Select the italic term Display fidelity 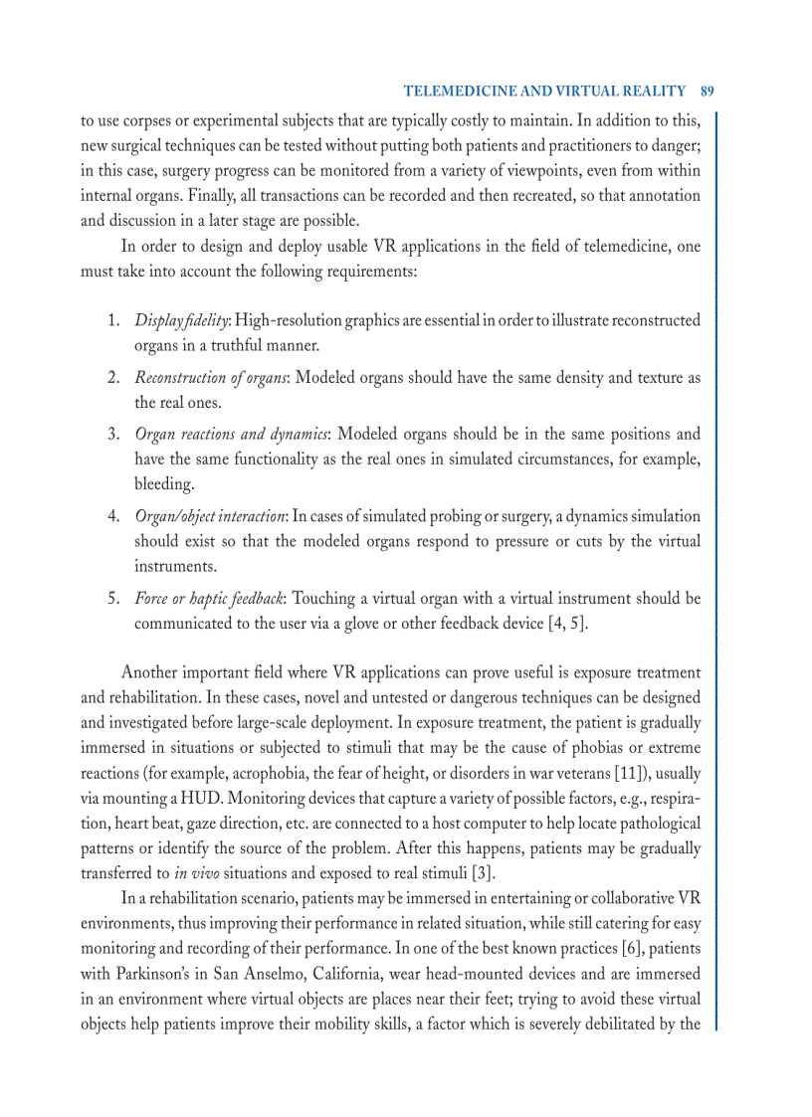click(182, 320)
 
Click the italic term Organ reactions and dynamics click(231, 435)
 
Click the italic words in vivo click(196, 874)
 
